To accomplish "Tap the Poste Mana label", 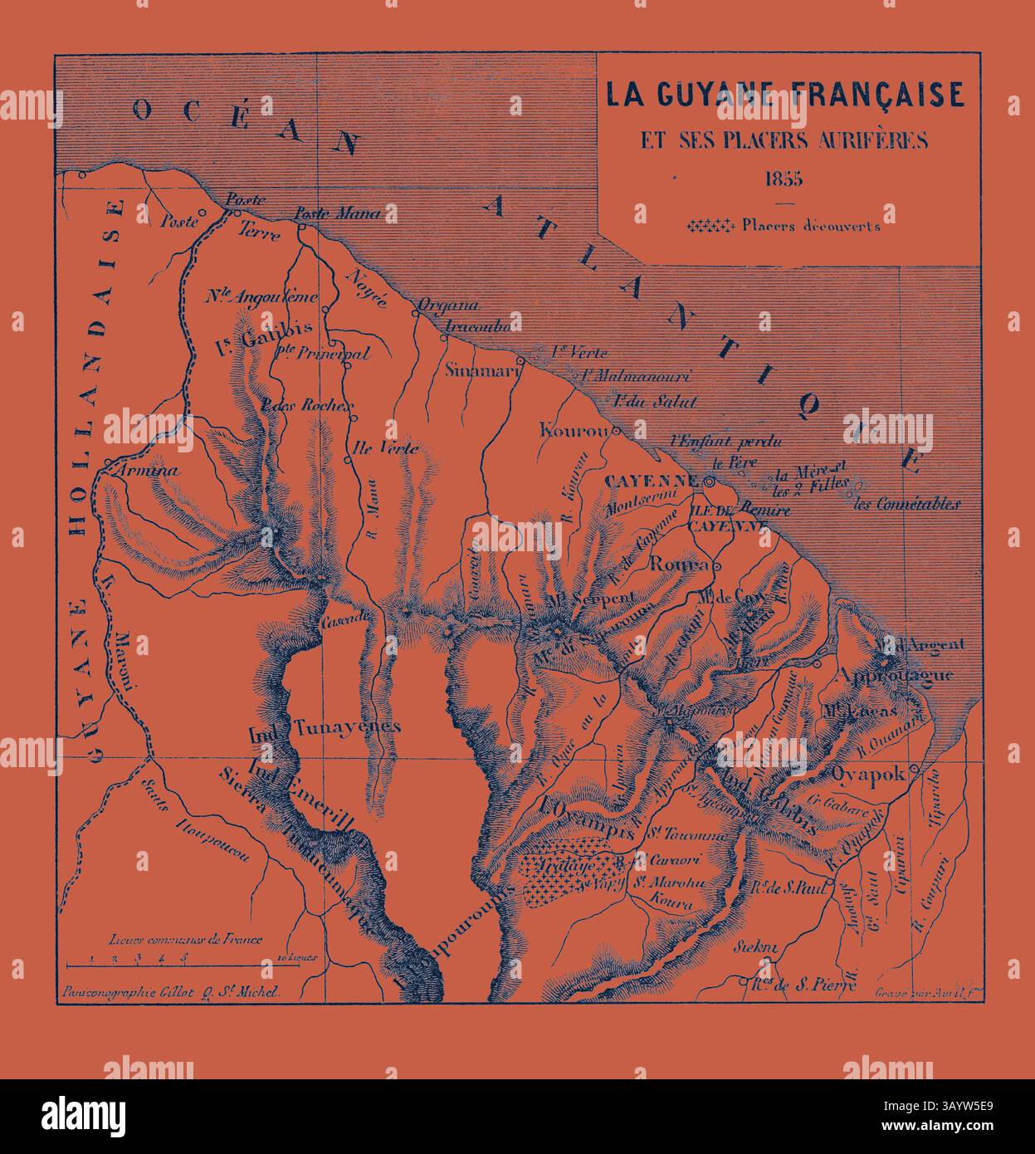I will click(x=338, y=213).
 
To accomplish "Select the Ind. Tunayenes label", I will click(x=325, y=726).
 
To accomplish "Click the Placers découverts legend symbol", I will click(x=712, y=225).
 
